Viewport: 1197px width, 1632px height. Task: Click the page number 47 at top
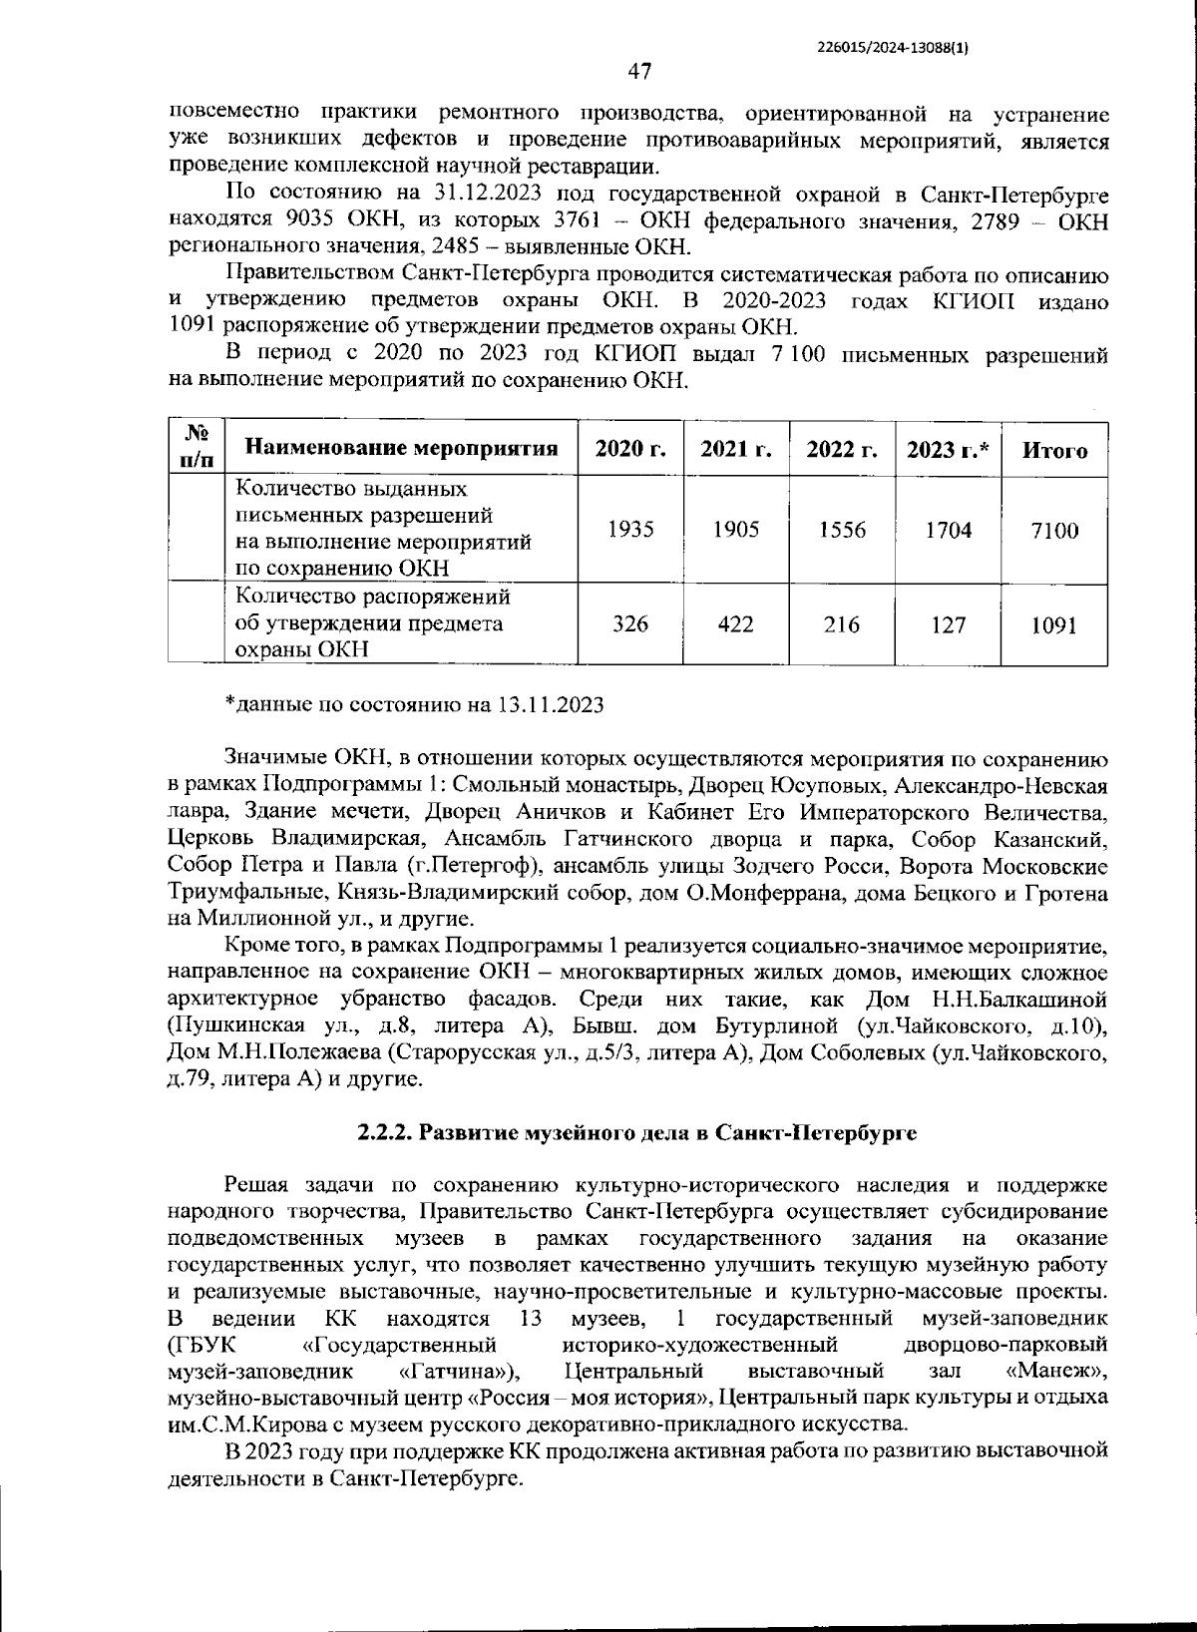coord(639,71)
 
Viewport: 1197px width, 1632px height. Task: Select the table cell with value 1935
coord(630,530)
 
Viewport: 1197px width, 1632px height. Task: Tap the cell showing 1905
coord(736,530)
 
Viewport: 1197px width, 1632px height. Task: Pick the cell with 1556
coord(842,530)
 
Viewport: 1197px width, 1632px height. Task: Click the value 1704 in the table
coord(948,530)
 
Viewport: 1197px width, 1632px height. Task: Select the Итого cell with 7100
coord(1054,530)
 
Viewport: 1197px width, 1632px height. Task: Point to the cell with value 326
coord(630,624)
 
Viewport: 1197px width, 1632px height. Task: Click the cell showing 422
coord(736,624)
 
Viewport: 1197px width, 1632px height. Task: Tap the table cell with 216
coord(842,624)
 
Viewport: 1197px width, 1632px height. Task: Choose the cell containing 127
coord(948,624)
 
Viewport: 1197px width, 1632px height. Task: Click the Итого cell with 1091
coord(1054,624)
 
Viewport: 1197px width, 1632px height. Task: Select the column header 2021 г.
coord(736,449)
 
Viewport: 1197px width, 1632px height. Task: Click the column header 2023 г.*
coord(948,449)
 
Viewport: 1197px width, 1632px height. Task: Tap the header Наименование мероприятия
coord(401,448)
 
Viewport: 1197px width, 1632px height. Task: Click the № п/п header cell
coord(198,446)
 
